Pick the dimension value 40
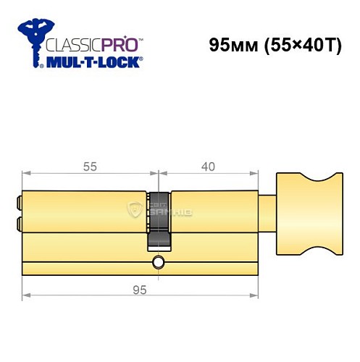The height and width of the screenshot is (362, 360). tap(208, 167)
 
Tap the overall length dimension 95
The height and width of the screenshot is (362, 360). tap(141, 290)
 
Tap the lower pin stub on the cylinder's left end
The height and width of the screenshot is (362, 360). tap(19, 223)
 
